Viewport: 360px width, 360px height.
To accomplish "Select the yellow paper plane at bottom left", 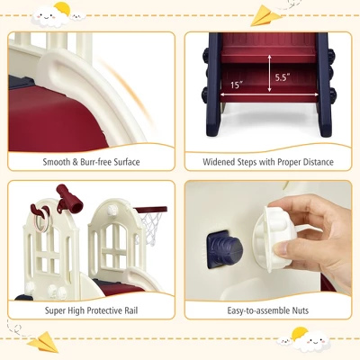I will pos(42,342).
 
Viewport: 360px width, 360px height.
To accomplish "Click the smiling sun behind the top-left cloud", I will pos(61,9).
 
